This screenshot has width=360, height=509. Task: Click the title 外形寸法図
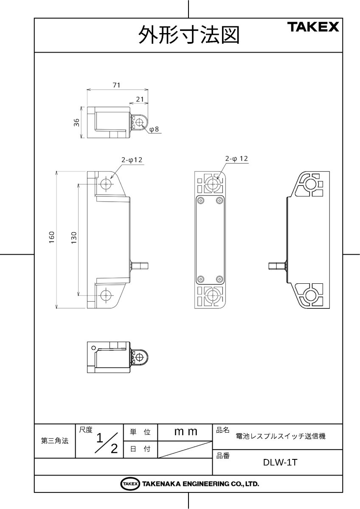pyautogui.click(x=188, y=36)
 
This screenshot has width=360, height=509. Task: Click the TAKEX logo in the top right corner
pyautogui.click(x=314, y=28)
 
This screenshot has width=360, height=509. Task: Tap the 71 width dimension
pyautogui.click(x=116, y=85)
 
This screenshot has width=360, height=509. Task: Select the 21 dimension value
pyautogui.click(x=139, y=99)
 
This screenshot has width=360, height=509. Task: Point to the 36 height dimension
pyautogui.click(x=76, y=122)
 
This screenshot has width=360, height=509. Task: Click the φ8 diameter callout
pyautogui.click(x=154, y=130)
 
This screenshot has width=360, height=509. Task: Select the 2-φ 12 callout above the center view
pyautogui.click(x=236, y=158)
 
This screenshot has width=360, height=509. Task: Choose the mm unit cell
pyautogui.click(x=186, y=432)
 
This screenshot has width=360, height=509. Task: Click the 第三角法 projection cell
pyautogui.click(x=55, y=441)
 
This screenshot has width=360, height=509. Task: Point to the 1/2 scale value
pyautogui.click(x=106, y=443)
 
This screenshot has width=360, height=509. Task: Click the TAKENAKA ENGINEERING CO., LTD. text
pyautogui.click(x=200, y=484)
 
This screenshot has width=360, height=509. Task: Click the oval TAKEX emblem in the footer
pyautogui.click(x=130, y=484)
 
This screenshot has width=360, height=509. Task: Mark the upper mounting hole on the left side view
pyautogui.click(x=106, y=184)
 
